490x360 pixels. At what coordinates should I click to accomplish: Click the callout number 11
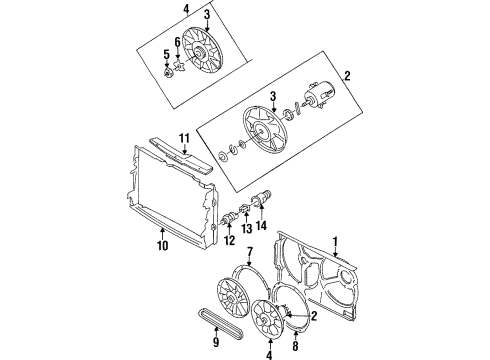click(184, 138)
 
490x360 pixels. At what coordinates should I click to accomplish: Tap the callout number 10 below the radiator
click(162, 246)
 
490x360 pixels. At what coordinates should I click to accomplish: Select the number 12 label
click(229, 240)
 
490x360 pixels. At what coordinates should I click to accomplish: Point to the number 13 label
click(247, 229)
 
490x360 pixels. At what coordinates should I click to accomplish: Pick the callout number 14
click(262, 226)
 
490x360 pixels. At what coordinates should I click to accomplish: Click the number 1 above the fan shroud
click(335, 242)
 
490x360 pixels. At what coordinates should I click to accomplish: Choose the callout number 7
click(250, 252)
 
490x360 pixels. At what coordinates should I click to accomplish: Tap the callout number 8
click(295, 346)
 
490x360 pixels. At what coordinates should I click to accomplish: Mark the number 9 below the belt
click(216, 342)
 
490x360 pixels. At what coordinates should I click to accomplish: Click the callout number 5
click(166, 55)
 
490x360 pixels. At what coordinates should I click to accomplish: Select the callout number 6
click(178, 42)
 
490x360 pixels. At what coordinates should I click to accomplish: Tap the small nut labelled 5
click(168, 72)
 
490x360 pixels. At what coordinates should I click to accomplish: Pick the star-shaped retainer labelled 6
click(180, 65)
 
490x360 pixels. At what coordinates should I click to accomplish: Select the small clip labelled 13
click(244, 209)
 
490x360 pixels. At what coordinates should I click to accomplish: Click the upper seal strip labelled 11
click(180, 156)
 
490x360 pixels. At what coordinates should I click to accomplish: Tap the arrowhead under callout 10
click(162, 229)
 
